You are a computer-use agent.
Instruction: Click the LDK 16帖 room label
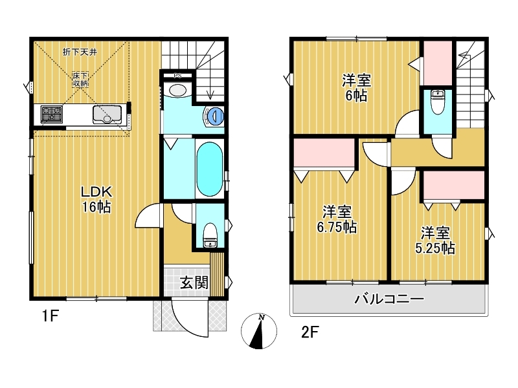click(96, 199)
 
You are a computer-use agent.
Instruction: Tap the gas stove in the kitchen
click(52, 114)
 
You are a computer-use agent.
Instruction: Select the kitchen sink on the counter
click(107, 114)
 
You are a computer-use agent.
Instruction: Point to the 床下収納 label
click(80, 80)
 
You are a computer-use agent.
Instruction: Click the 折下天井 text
click(80, 52)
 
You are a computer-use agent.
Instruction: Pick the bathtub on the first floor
click(209, 169)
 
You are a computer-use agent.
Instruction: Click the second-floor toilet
click(438, 102)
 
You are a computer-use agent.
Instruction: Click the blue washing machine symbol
click(214, 116)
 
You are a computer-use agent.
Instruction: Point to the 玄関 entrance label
click(194, 283)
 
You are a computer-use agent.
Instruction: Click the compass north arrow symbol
click(259, 331)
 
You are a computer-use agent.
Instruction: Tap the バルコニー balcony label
click(389, 299)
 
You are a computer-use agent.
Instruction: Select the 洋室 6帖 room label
click(357, 88)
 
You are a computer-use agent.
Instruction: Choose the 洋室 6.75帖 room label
click(337, 219)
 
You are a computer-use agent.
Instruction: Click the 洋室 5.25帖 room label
click(435, 241)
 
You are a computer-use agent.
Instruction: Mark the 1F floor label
click(51, 317)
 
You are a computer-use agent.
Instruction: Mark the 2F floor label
click(310, 332)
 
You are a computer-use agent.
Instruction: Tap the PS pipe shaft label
click(177, 76)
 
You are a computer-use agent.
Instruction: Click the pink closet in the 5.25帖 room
click(454, 185)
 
